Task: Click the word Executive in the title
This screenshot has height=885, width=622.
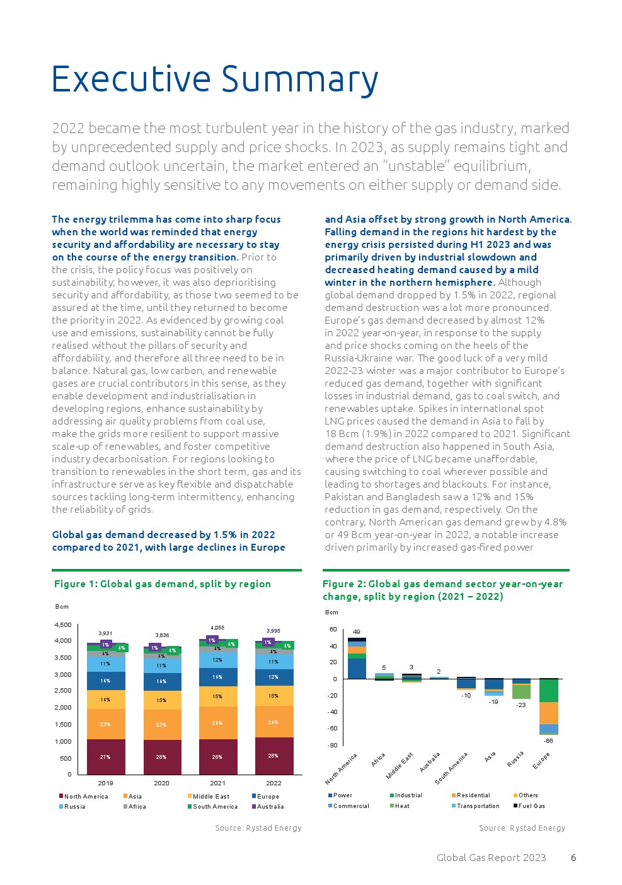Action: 130,80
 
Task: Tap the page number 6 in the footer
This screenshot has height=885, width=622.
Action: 573,858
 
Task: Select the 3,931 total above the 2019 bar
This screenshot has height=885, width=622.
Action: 105,633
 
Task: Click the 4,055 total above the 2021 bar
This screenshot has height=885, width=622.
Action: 217,628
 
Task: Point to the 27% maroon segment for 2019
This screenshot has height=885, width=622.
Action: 105,757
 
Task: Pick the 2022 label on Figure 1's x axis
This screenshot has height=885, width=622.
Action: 274,783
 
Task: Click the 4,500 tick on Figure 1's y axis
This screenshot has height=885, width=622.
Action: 63,625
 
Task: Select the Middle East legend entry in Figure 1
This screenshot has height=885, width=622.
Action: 211,797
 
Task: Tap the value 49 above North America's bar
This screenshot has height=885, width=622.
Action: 356,632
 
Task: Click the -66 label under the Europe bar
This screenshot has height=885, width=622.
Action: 548,741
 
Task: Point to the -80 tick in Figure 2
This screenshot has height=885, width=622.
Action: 332,746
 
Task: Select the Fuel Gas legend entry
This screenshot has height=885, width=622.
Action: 531,806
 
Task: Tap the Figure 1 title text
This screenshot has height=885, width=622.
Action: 163,584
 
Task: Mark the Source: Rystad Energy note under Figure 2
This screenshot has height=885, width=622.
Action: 522,828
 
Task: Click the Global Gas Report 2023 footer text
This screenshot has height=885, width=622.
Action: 491,858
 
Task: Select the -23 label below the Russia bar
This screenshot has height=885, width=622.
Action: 521,705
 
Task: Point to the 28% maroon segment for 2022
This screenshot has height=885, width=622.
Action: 274,756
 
